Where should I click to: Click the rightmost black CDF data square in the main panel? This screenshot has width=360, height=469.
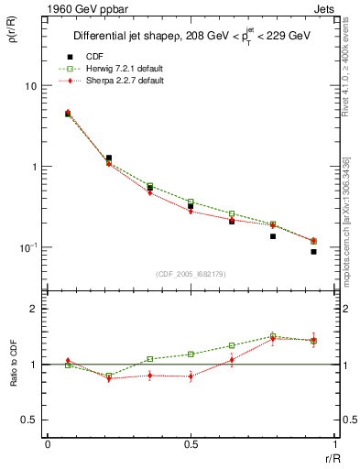point(313,251)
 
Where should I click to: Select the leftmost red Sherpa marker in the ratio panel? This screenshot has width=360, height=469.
point(68,361)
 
